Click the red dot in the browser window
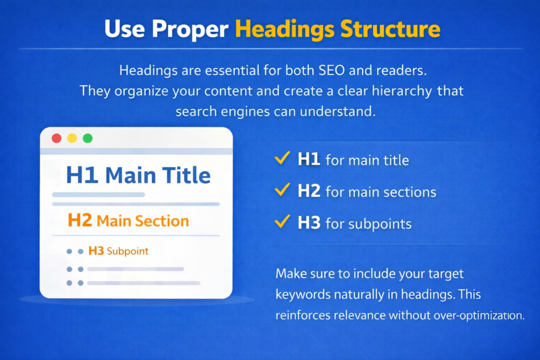tap(56, 139)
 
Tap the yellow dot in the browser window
tap(72, 139)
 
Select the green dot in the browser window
tap(88, 139)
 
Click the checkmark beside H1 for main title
tap(282, 159)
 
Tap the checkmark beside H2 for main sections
tap(282, 190)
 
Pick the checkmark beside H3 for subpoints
tap(282, 222)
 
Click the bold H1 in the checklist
tap(309, 159)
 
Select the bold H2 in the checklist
tap(309, 191)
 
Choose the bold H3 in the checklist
tap(309, 222)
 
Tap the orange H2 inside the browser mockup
tap(81, 220)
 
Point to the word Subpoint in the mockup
tap(128, 251)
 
